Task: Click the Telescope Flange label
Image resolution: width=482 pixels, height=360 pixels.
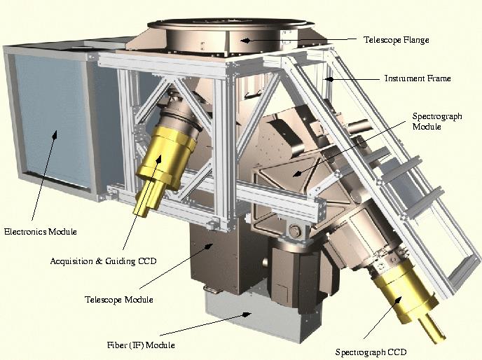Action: tap(397, 40)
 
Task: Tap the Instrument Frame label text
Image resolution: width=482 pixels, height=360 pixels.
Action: tap(418, 78)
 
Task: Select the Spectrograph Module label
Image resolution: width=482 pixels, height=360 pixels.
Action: tap(437, 121)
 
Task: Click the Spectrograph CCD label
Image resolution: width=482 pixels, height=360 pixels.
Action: tap(371, 352)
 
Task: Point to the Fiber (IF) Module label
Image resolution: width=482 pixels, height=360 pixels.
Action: tap(141, 345)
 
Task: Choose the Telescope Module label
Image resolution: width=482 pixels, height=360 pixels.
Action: tap(118, 300)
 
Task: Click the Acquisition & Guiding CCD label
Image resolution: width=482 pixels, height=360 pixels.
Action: tap(103, 261)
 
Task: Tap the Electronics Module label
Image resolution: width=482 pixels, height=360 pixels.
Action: tap(40, 232)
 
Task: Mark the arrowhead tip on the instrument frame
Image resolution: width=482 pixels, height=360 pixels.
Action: tap(325, 79)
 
